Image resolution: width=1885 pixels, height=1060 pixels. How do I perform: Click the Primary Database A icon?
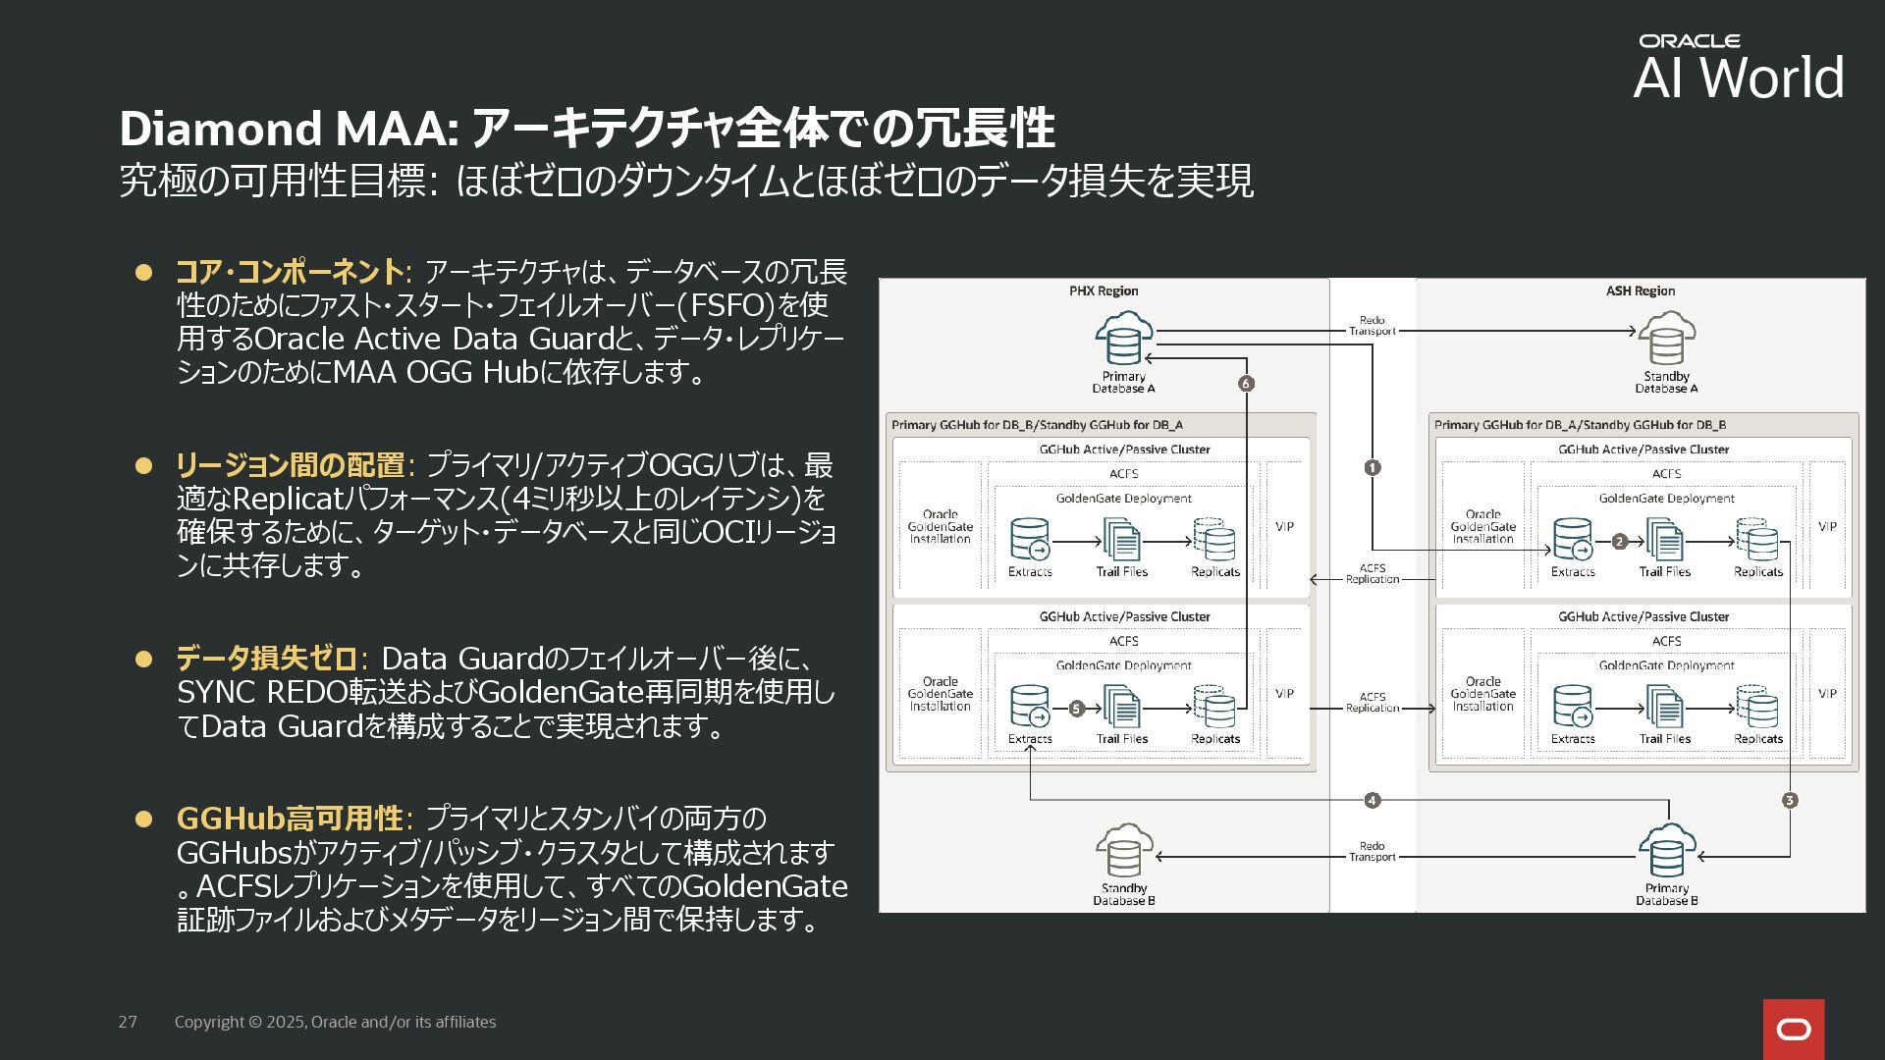pos(1123,340)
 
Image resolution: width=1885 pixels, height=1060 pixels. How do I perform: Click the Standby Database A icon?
pos(1666,340)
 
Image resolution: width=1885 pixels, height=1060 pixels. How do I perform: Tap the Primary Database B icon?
pos(1666,852)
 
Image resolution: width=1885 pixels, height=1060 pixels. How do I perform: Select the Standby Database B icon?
pos(1123,852)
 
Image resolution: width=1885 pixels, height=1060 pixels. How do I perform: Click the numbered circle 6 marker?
pos(1246,384)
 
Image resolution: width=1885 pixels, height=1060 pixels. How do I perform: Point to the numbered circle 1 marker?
pos(1373,468)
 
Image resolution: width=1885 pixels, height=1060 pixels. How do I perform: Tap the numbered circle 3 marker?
pos(1790,801)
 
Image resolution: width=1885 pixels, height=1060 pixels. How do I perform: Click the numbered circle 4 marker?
pos(1373,801)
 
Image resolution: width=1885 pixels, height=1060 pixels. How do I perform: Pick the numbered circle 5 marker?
pos(1076,709)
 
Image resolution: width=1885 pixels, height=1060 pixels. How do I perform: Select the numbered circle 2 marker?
pos(1620,542)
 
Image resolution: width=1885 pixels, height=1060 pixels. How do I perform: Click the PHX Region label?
pos(1104,291)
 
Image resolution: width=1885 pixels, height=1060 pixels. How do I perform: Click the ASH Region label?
pos(1641,291)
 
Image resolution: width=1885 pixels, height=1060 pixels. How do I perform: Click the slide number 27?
pos(128,1023)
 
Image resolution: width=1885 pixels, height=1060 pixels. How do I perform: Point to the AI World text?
pos(1739,78)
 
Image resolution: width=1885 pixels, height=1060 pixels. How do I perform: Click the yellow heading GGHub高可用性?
pos(290,819)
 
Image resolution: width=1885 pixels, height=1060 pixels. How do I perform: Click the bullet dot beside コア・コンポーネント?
pos(144,272)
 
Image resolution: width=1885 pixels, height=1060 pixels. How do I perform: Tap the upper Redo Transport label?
pos(1373,326)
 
